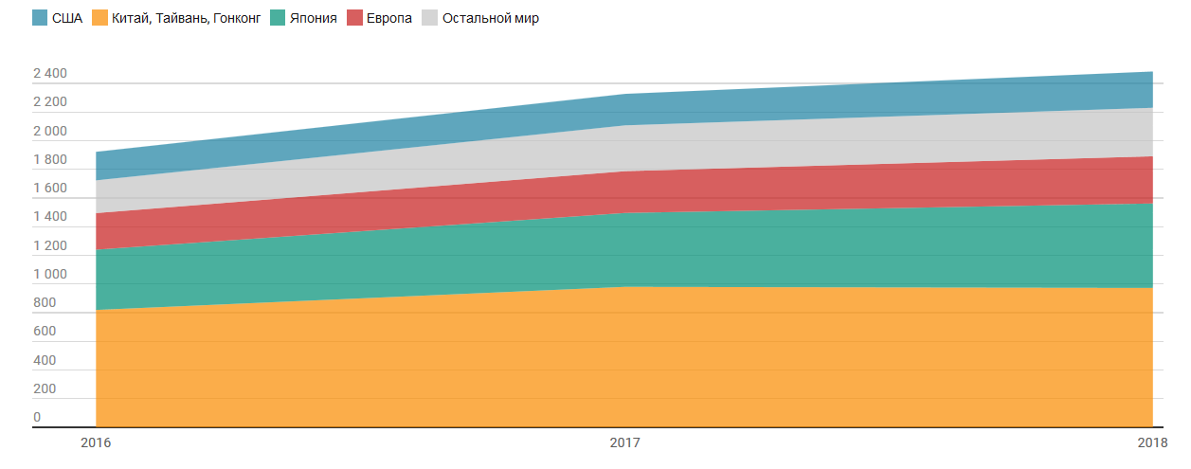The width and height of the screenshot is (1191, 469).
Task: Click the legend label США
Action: (x=68, y=18)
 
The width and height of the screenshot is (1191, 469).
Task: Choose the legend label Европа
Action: (x=389, y=18)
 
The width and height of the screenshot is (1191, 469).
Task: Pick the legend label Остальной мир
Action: (x=491, y=18)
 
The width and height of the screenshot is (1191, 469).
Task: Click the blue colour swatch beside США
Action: (x=40, y=18)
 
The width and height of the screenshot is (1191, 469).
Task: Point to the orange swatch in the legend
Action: (x=99, y=18)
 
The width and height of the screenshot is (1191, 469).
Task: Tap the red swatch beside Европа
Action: (x=355, y=18)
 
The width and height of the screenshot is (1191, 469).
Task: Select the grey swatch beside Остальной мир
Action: (x=429, y=18)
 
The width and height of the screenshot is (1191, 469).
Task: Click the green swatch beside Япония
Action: (x=279, y=18)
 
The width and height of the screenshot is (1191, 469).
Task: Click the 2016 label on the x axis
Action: (x=96, y=442)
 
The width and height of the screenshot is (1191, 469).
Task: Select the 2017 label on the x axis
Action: (x=624, y=442)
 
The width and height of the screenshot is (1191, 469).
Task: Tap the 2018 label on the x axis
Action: (x=1152, y=442)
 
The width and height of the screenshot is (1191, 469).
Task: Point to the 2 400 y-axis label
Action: (x=50, y=74)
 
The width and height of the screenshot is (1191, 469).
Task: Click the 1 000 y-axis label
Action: (x=50, y=275)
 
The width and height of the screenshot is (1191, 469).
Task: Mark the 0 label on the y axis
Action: (x=37, y=418)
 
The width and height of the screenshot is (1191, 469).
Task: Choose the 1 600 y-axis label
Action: (x=50, y=189)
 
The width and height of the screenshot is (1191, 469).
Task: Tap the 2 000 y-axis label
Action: (x=50, y=132)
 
